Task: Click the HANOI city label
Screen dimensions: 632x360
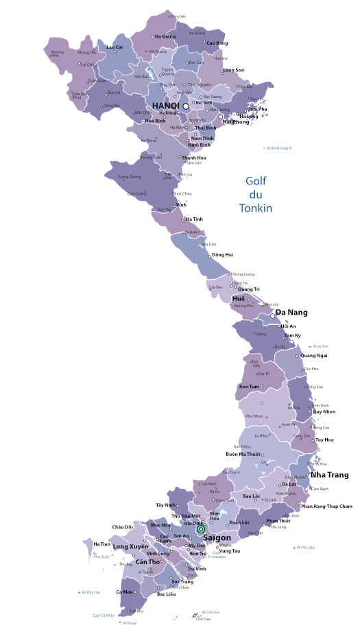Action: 165,106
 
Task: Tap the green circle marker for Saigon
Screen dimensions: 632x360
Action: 201,529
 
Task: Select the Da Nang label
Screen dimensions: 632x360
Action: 291,313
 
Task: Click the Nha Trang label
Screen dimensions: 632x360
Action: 329,474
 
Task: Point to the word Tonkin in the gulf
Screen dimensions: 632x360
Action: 256,208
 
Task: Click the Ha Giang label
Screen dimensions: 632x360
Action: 165,36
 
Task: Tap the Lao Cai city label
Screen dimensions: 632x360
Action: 115,47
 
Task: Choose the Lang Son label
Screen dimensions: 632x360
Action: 234,70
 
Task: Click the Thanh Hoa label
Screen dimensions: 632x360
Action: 194,157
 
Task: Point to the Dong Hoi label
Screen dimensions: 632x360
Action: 223,255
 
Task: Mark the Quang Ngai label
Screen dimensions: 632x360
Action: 313,355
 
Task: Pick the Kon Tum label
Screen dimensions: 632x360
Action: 249,387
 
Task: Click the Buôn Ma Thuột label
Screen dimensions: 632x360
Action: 244,454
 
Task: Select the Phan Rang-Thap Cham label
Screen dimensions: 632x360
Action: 326,506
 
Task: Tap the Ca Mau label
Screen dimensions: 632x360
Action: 125,592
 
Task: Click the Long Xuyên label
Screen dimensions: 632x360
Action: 130,546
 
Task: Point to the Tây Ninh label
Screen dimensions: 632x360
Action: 167,505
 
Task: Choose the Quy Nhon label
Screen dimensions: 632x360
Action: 324,412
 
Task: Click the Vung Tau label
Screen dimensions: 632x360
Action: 230,550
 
